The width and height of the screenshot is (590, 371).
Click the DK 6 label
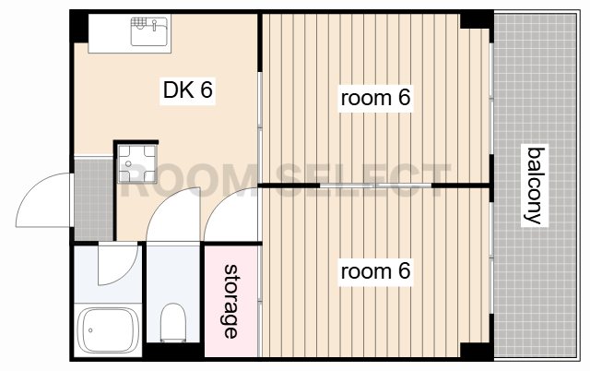(x=188, y=90)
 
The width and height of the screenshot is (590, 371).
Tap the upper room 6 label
(x=375, y=98)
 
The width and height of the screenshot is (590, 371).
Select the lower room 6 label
(x=375, y=271)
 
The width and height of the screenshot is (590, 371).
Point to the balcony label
(x=535, y=185)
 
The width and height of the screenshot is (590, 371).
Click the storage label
(x=230, y=301)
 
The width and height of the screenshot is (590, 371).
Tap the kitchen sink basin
(x=149, y=31)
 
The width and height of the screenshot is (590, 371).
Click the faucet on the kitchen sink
(x=154, y=26)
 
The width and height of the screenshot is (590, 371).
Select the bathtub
(x=108, y=330)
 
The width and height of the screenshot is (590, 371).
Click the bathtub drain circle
(x=90, y=330)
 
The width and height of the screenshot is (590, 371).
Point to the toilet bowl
(x=173, y=322)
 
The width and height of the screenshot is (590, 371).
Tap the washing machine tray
(x=137, y=164)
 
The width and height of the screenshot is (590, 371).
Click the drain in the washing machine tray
(x=128, y=164)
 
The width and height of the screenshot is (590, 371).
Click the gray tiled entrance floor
(x=94, y=199)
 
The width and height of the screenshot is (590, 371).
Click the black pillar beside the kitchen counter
(x=79, y=28)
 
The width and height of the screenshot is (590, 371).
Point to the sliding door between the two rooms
(x=375, y=185)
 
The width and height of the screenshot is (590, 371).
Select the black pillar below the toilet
(x=173, y=351)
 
